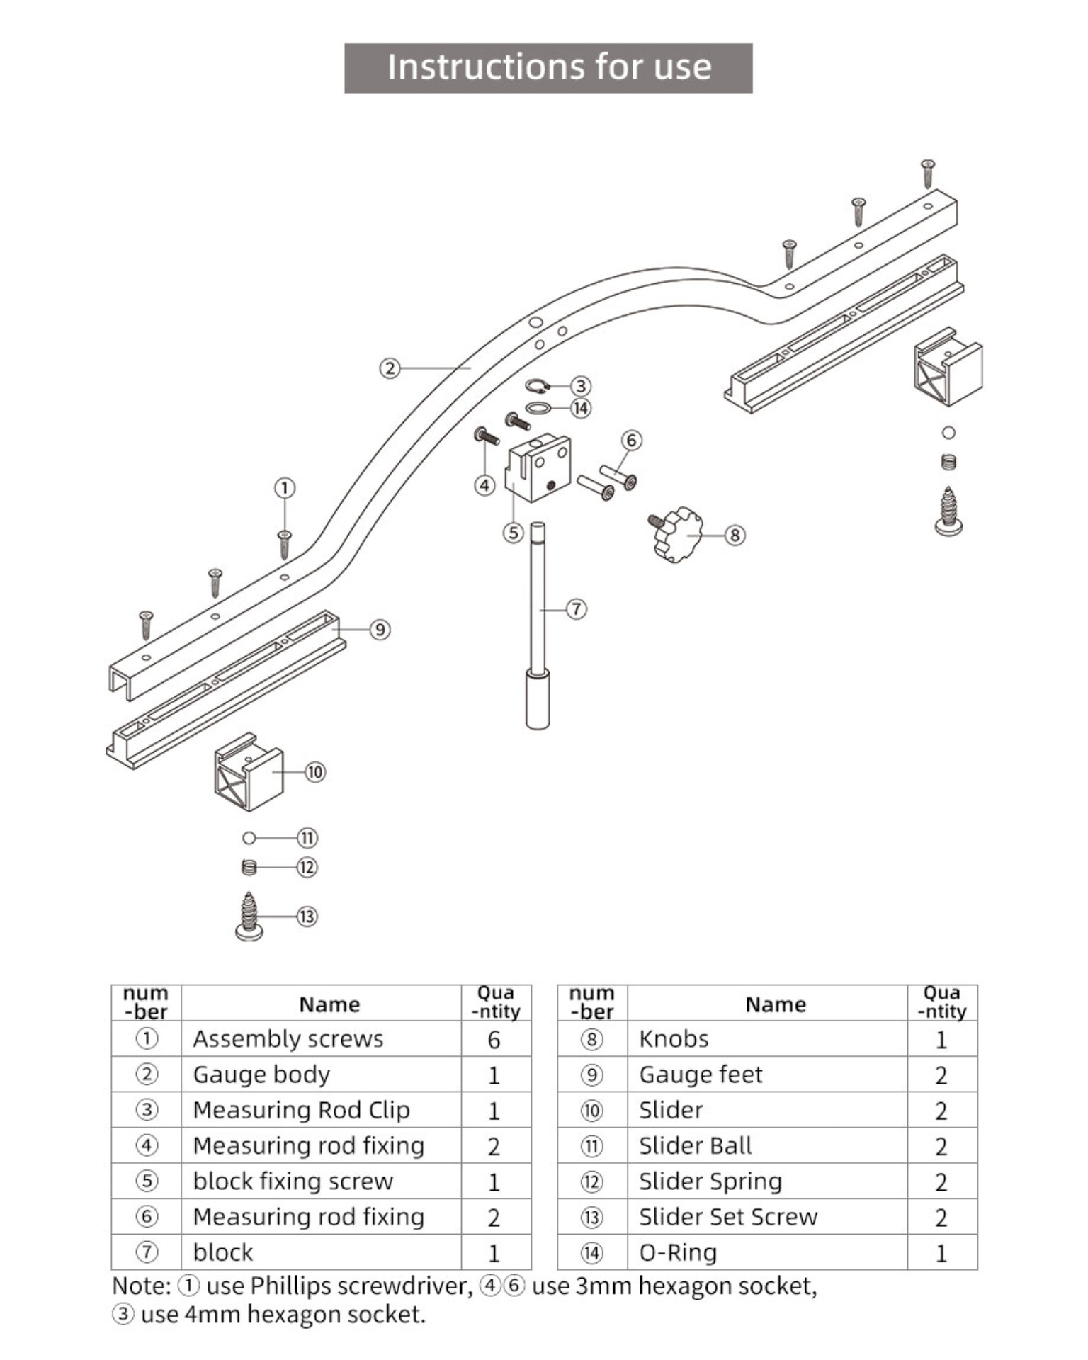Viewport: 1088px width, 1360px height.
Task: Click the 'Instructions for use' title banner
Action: click(x=548, y=68)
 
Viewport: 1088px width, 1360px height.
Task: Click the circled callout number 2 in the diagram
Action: click(x=390, y=368)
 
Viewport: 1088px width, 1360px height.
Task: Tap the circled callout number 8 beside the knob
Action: click(x=735, y=535)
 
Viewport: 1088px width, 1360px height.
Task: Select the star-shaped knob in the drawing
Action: click(x=676, y=535)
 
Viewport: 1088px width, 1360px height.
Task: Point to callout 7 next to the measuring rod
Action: click(x=577, y=609)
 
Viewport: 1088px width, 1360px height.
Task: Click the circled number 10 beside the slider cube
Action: click(x=315, y=772)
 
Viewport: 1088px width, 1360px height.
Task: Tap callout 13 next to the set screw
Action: click(x=307, y=917)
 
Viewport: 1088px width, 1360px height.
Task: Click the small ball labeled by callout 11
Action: click(x=249, y=839)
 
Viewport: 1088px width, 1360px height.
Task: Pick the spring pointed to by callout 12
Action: click(x=249, y=867)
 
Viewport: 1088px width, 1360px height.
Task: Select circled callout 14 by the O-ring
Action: click(x=581, y=409)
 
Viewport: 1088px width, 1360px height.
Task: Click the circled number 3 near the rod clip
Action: click(x=581, y=386)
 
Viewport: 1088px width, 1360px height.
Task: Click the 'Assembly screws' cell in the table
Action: click(x=288, y=1039)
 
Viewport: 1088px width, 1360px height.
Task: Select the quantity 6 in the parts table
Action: click(x=494, y=1040)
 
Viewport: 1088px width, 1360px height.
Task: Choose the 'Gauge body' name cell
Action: click(x=261, y=1075)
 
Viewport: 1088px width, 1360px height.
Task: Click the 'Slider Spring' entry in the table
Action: click(x=710, y=1181)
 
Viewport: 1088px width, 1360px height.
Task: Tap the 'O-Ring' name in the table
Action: click(x=678, y=1253)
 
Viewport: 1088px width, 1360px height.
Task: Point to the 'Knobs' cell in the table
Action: click(x=674, y=1039)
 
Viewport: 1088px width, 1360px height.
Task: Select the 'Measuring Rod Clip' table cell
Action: click(x=301, y=1110)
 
